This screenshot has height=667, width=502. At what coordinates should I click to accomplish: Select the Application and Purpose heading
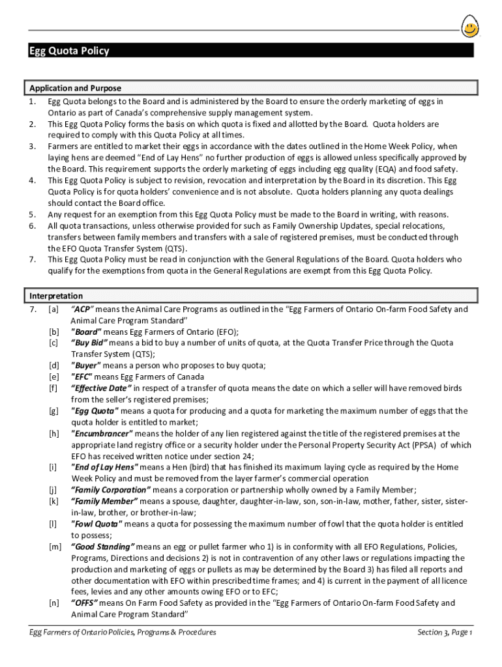pos(75,88)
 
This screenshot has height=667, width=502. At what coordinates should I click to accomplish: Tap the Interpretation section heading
pos(56,296)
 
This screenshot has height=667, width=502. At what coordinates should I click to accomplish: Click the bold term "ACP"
pos(83,309)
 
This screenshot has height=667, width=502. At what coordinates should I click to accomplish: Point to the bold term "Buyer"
pos(86,365)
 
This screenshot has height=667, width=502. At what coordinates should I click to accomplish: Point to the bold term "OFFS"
pos(84,603)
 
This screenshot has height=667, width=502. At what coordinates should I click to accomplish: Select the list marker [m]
pos(55,546)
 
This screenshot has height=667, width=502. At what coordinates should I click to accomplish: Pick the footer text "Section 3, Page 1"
pos(445,632)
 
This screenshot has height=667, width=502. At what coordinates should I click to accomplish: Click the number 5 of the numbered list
pos(32,214)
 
